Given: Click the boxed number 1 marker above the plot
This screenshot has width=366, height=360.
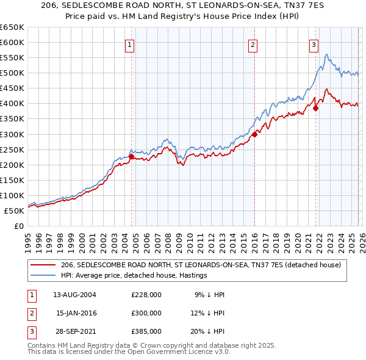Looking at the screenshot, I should [x=131, y=44].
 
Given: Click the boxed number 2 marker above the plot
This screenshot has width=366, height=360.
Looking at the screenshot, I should [x=253, y=44].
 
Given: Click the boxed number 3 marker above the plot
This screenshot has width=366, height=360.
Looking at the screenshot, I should [x=314, y=44].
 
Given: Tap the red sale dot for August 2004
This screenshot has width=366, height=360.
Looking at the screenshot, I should [x=131, y=156].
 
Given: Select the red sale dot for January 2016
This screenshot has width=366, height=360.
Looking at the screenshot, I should [x=254, y=134].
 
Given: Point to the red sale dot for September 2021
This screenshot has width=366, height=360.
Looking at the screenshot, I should [x=316, y=109].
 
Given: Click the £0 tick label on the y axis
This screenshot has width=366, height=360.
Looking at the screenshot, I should [x=18, y=226].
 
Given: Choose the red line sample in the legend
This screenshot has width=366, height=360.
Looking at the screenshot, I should [x=43, y=265].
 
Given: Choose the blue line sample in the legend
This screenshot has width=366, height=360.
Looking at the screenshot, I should [x=43, y=275].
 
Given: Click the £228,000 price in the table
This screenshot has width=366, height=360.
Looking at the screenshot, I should [x=146, y=295].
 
